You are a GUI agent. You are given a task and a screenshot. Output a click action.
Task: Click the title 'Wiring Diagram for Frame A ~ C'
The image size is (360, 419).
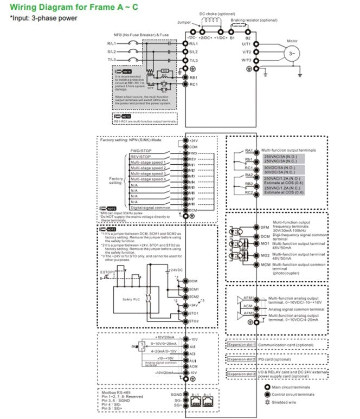point(60,7)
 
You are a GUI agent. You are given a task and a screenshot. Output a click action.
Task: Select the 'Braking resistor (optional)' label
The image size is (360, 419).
point(253,20)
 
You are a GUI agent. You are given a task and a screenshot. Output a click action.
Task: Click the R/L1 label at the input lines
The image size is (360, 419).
point(112,43)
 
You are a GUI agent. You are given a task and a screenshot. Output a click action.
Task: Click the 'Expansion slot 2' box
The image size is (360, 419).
point(241,359)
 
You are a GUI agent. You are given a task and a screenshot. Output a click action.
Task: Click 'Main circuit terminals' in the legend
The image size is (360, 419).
point(292,387)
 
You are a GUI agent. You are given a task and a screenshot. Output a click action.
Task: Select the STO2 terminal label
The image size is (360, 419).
point(194,320)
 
